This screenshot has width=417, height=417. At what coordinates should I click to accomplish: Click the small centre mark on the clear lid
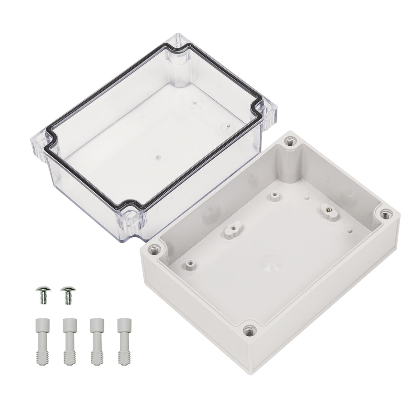(158, 157)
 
